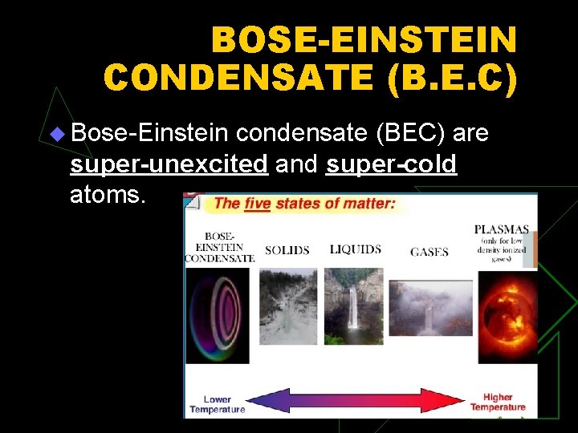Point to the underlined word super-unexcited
tap(169, 164)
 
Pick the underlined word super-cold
tap(392, 164)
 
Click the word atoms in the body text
tap(108, 194)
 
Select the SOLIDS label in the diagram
tap(287, 250)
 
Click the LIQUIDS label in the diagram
tap(355, 249)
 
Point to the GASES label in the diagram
tap(429, 252)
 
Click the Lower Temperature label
tap(217, 403)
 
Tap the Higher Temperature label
tap(498, 402)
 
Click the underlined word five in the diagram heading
tap(258, 204)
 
